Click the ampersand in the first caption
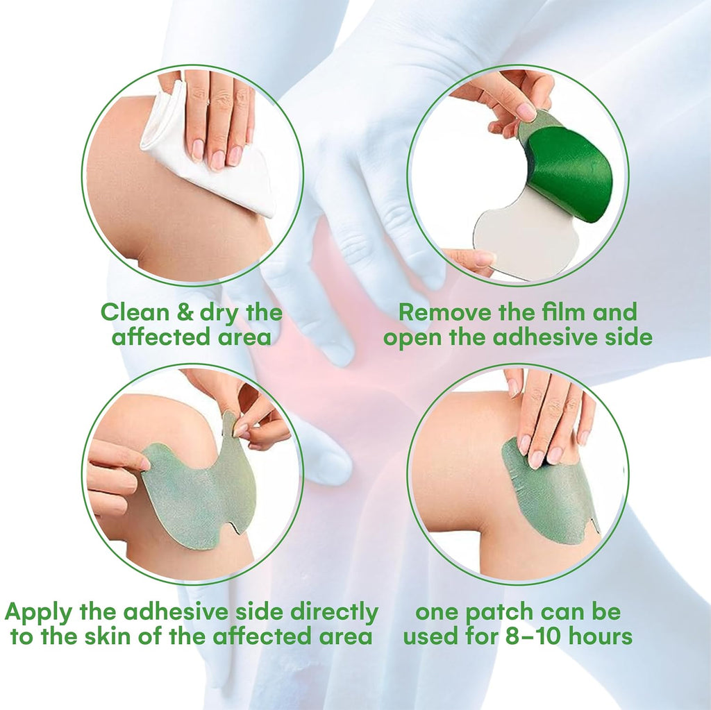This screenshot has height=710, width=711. (x=186, y=313)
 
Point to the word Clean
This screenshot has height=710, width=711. (x=135, y=313)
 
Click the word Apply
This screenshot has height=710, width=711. (x=39, y=613)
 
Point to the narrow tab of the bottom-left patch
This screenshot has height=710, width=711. (x=231, y=423)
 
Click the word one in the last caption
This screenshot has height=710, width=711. (x=436, y=613)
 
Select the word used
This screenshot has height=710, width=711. (x=426, y=636)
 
